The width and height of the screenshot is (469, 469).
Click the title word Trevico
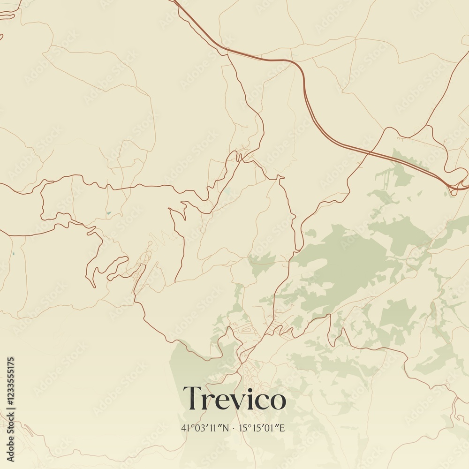tap(234, 399)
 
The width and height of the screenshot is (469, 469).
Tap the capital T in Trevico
tap(192, 398)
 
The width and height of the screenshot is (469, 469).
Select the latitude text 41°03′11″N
tap(205, 428)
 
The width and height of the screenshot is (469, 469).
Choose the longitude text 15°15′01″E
tap(262, 428)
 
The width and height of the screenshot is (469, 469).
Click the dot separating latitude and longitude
tap(234, 428)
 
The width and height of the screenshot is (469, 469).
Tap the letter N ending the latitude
tap(227, 428)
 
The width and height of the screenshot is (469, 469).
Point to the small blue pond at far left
tap(13, 254)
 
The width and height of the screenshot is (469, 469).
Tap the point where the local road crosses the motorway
tap(369, 152)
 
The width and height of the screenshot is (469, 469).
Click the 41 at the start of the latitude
tap(184, 428)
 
